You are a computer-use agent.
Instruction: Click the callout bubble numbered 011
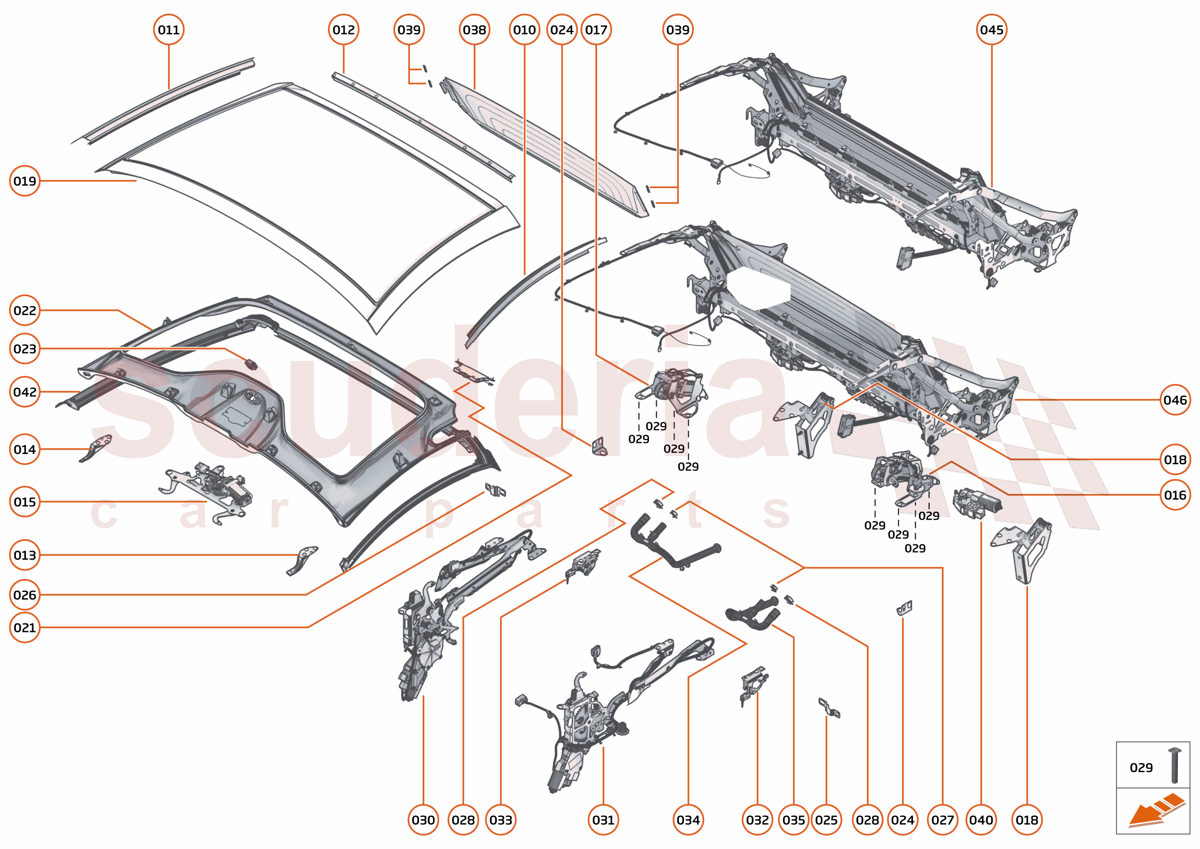point(168,30)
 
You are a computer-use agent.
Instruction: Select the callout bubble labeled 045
point(991,30)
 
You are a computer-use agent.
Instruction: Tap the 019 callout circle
point(24,181)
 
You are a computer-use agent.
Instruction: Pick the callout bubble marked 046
point(1175,400)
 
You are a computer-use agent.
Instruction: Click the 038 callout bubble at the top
point(474,30)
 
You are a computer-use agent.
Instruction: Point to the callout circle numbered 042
point(24,392)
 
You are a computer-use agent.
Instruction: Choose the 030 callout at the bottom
point(423,820)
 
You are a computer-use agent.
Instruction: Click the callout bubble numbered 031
point(603,820)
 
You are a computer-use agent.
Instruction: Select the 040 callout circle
point(981,820)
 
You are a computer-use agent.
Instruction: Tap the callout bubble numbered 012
point(344,30)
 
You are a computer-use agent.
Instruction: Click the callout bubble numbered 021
point(24,627)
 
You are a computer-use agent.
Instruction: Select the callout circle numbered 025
point(826,820)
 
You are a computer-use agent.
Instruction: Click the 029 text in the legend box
point(1141,767)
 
